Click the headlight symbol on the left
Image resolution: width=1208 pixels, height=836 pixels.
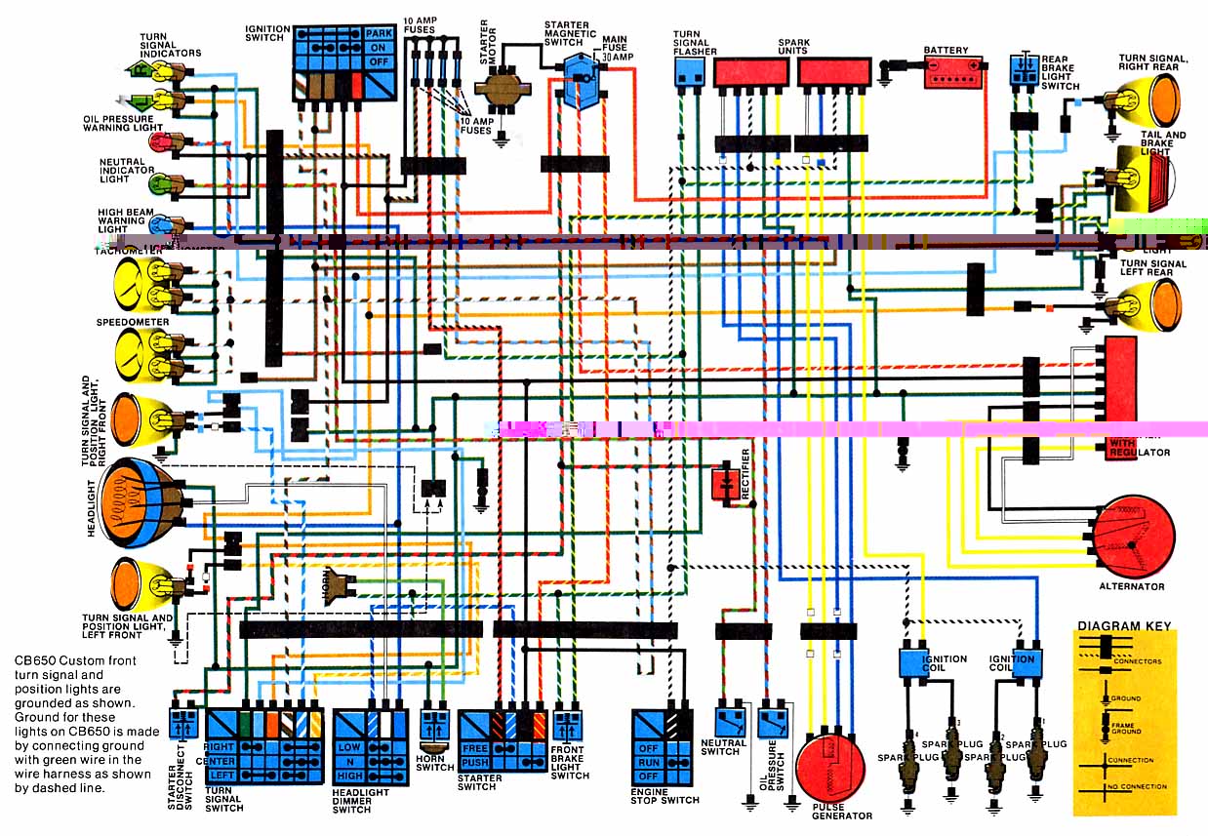point(137,498)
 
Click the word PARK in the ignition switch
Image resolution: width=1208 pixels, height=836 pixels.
point(379,32)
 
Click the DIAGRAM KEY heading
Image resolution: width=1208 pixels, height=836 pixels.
point(1124,626)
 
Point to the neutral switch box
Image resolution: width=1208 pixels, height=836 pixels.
point(730,722)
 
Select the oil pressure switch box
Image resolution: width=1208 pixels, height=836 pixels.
point(773,722)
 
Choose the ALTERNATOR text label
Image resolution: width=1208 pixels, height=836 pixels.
point(1131,586)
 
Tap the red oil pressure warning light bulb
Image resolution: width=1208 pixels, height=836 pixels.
point(161,142)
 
